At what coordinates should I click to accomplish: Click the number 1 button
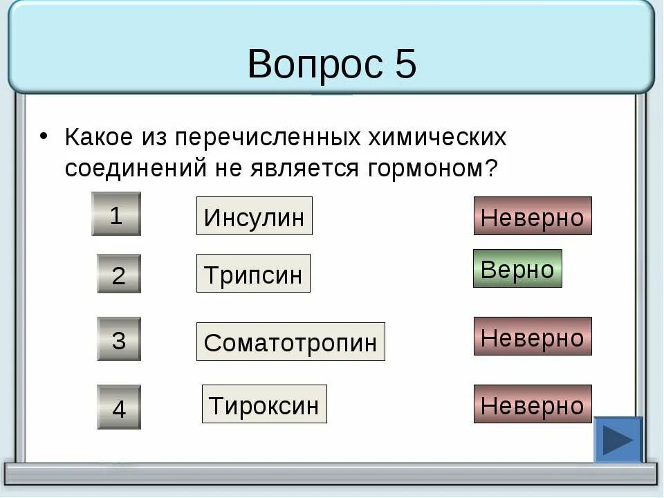coord(116,214)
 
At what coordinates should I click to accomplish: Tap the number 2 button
coord(118,275)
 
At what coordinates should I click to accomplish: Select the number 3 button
coord(118,340)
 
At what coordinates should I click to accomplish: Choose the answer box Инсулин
coord(254,216)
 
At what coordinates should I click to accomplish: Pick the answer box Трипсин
coord(253,274)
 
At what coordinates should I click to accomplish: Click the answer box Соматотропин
coord(290,342)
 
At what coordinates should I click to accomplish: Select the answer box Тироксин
coord(264,405)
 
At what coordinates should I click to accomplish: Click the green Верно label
coord(517,269)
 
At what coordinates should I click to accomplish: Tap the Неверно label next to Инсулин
coord(533,216)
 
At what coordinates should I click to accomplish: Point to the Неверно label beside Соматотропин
coord(533,337)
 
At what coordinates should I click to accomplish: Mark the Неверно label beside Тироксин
coord(533,405)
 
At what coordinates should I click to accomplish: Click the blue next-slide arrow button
coord(618,440)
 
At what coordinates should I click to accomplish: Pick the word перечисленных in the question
coord(267,137)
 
